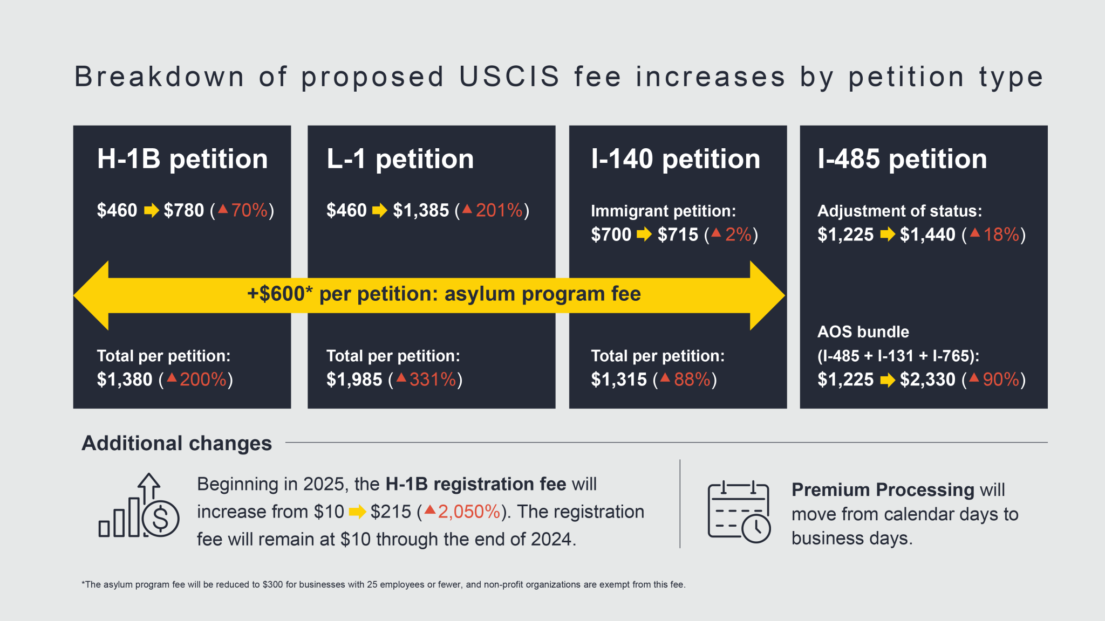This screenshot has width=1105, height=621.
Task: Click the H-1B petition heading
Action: pos(182,159)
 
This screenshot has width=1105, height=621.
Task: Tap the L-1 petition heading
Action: pos(400,159)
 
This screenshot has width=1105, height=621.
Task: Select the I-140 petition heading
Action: pos(675,159)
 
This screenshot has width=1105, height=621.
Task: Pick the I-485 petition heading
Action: pos(902,159)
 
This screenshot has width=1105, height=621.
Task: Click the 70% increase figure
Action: pos(249,210)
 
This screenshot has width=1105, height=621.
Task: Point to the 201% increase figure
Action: pos(499,210)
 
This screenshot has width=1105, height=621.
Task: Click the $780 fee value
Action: pos(184,210)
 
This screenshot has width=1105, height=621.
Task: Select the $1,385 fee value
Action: pos(421,210)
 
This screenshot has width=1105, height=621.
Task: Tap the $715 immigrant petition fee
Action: pos(678,234)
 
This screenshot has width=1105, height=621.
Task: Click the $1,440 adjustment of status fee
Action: pos(927,234)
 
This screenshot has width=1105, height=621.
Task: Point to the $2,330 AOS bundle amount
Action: pos(927,379)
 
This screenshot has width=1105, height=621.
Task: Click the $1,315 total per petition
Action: pos(619,379)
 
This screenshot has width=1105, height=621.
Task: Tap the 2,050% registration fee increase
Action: pos(469,512)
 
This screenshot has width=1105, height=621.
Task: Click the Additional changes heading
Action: pos(177,443)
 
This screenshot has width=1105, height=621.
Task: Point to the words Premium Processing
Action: pos(883,489)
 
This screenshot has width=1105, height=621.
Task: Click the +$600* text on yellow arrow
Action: pos(279,294)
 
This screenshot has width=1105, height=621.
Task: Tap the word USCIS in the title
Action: pos(509,77)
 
